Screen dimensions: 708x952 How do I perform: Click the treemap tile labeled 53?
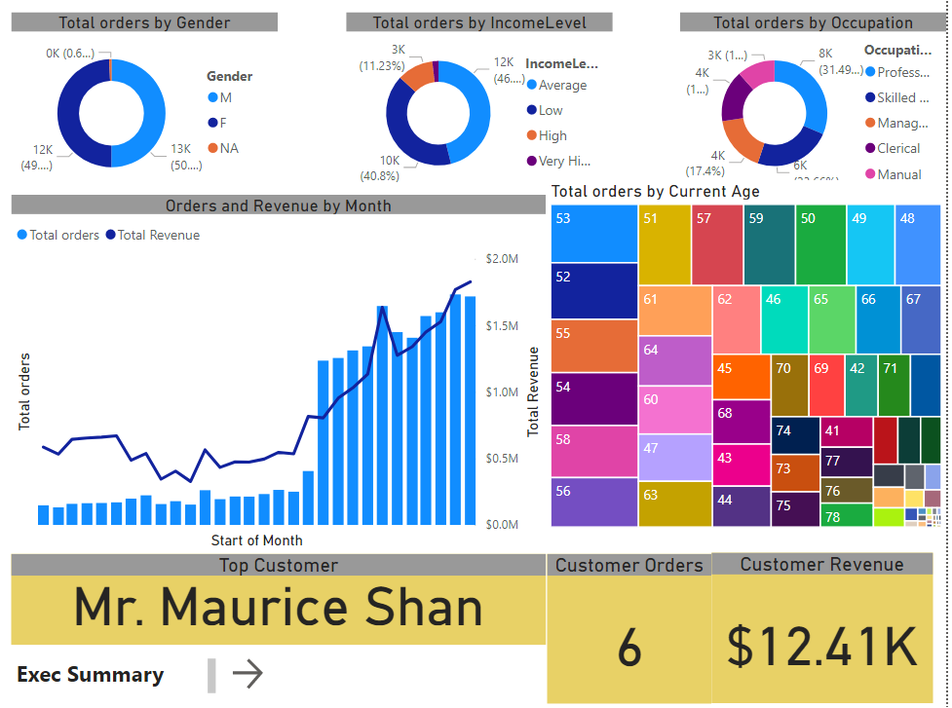tap(594, 234)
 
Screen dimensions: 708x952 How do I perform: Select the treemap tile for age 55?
tap(594, 345)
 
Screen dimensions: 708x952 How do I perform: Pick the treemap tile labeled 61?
tap(674, 309)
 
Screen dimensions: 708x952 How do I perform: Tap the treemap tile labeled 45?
tap(740, 376)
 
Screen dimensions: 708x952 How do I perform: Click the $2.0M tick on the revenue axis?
tap(501, 258)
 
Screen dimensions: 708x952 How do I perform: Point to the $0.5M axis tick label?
tap(501, 458)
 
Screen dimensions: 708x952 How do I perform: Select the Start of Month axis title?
tap(256, 540)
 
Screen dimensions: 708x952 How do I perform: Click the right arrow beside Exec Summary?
tap(248, 674)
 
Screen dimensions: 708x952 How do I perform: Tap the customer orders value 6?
tap(629, 647)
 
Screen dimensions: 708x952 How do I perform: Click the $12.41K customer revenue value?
tap(822, 646)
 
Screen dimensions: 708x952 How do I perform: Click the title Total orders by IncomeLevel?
tap(479, 22)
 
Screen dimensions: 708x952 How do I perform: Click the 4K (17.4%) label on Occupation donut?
tap(704, 163)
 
